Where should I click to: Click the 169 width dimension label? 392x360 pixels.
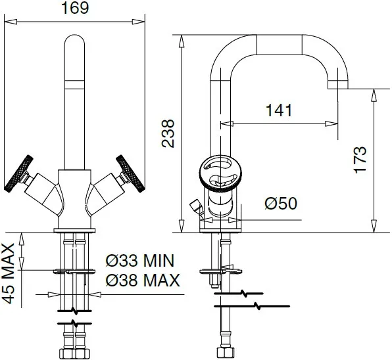click(x=75, y=8)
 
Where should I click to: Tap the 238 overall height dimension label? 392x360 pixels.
click(x=168, y=133)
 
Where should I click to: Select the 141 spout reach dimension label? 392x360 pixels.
click(x=279, y=110)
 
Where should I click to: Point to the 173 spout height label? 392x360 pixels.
click(x=360, y=160)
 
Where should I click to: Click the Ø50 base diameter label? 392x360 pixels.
click(x=281, y=203)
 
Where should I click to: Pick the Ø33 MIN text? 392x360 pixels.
click(x=139, y=261)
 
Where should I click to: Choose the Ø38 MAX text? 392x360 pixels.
click(x=143, y=280)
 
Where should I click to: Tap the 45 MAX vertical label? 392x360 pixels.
click(x=9, y=274)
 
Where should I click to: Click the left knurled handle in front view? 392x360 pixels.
click(x=19, y=173)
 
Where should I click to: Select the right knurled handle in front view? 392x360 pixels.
click(x=130, y=173)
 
